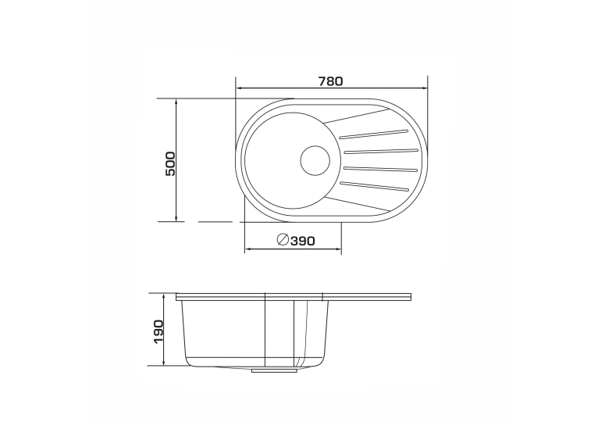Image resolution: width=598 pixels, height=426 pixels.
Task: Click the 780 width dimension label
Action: [x=331, y=81]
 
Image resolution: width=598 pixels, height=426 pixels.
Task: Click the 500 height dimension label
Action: [x=170, y=164]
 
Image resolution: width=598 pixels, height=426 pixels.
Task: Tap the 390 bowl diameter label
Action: [x=303, y=241]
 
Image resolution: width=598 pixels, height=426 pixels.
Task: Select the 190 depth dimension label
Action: [x=158, y=331]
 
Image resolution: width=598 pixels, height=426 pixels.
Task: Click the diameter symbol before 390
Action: [x=283, y=239]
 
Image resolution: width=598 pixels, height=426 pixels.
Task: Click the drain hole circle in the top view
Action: [x=315, y=160]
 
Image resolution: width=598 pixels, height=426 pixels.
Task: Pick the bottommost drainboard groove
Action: [x=374, y=185]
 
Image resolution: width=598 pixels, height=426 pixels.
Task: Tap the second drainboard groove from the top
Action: [x=381, y=151]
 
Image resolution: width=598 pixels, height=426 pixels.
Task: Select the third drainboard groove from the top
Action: [x=381, y=168]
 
